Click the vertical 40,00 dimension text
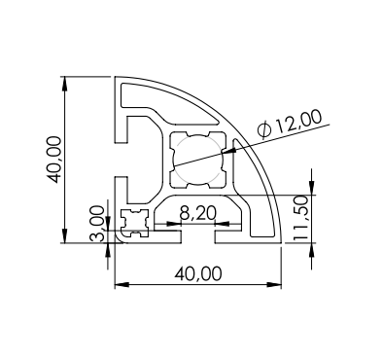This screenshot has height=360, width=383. coord(53,160)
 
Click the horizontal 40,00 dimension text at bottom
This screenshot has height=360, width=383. coord(198,273)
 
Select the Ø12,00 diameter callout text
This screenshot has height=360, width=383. coord(290,124)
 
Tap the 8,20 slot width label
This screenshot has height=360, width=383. coord(197,214)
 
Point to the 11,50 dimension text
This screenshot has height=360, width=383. coord(300,218)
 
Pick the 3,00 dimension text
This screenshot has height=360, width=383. coord(97,224)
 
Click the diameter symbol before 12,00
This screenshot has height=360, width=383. coord(264,130)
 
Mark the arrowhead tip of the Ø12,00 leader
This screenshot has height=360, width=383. coord(222,153)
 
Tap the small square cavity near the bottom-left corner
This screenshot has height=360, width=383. coord(134,223)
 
